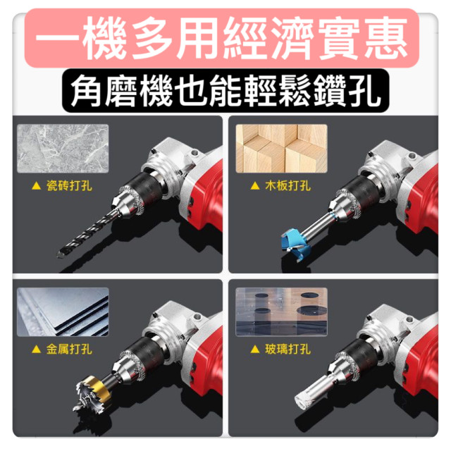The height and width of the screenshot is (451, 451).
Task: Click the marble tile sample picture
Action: pyautogui.click(x=63, y=149)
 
